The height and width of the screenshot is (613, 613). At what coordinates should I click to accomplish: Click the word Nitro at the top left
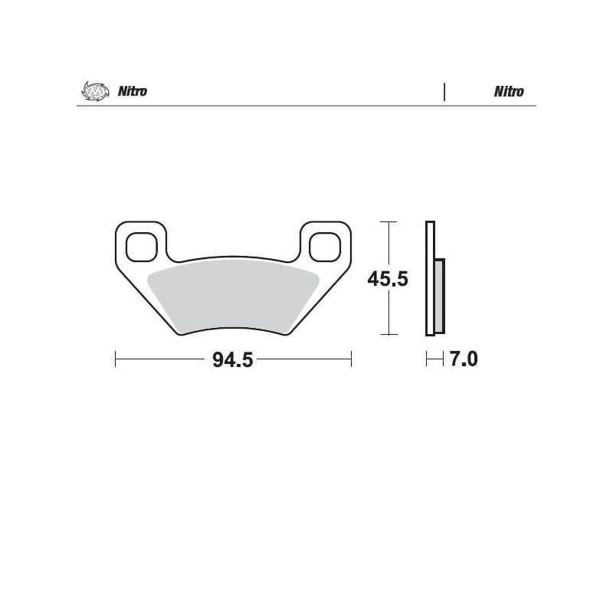point(132,92)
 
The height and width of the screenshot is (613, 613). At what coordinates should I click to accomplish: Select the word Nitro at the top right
point(509,92)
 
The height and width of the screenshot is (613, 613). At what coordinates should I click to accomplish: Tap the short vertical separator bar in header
point(444,92)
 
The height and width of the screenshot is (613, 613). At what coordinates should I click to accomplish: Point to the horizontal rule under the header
point(306,106)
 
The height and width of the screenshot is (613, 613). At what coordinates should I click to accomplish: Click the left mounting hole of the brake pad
point(139,246)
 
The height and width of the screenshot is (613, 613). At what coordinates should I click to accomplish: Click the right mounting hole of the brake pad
point(325,246)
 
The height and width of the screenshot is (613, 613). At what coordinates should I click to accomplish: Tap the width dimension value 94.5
point(232,359)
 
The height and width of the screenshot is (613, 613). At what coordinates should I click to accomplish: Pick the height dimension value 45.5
point(387,279)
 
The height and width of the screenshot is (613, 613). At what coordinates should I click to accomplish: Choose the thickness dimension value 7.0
point(463,359)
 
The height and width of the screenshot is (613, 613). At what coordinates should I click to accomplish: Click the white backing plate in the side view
point(430,279)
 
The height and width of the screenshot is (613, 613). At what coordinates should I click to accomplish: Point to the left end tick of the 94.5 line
point(115,359)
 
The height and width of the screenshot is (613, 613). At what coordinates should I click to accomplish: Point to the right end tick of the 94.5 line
point(350,359)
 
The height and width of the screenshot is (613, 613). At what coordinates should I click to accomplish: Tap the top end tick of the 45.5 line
point(390,221)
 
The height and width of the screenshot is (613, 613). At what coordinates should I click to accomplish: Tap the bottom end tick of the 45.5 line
point(390,335)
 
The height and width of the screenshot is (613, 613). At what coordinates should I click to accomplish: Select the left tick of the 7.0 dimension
point(427,359)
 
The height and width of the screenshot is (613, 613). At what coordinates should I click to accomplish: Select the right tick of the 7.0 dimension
point(444,359)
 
